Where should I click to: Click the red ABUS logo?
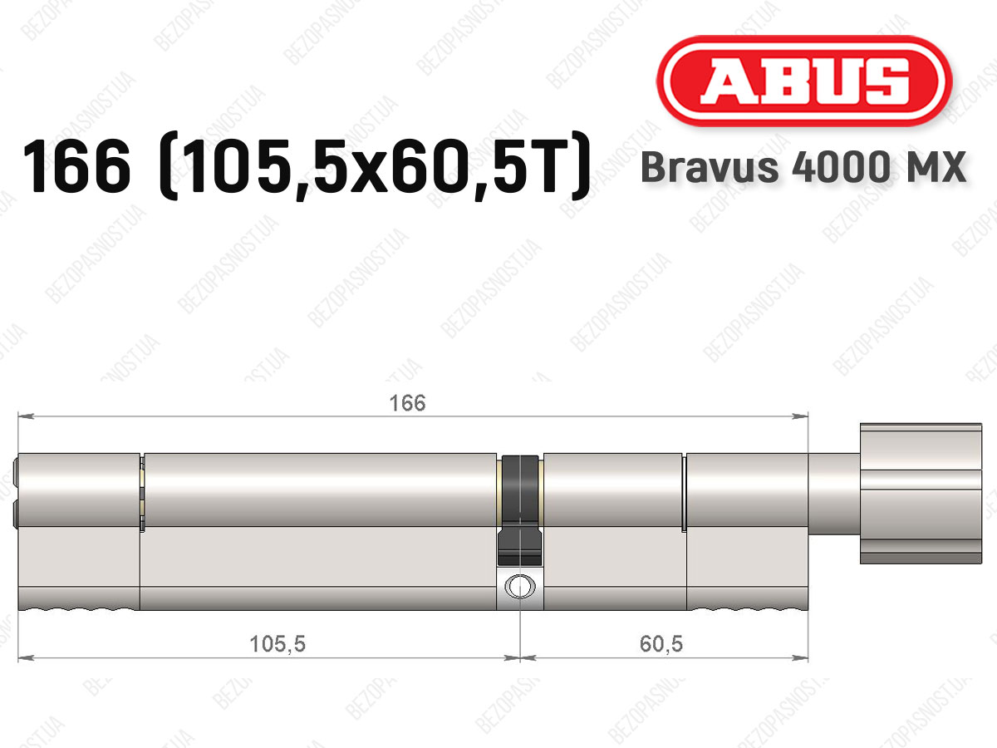pos(804,81)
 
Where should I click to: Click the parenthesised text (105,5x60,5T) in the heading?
pos(376,166)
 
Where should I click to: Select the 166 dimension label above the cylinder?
pos(407,403)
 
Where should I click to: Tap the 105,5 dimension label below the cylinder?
pos(277,644)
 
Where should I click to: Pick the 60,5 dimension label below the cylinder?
pos(661,644)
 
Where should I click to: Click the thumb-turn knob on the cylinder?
pos(921,494)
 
